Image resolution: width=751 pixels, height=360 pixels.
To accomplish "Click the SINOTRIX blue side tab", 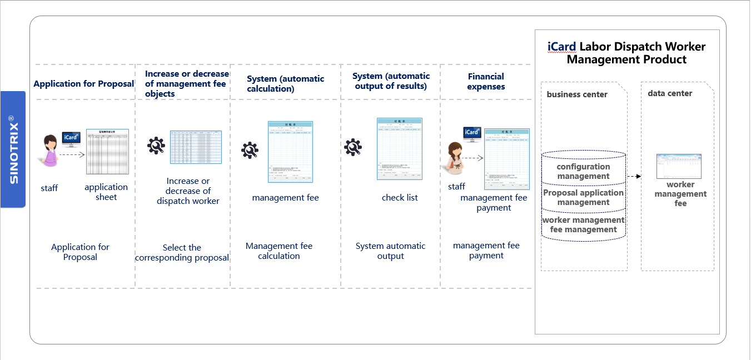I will [x=13, y=149].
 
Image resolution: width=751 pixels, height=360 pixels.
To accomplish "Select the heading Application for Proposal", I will [x=83, y=84].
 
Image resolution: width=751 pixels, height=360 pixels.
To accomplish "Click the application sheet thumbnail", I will [x=107, y=152].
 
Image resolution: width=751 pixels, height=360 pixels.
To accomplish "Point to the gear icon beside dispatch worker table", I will [x=156, y=146].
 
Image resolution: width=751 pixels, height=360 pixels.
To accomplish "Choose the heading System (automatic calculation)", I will [x=285, y=84].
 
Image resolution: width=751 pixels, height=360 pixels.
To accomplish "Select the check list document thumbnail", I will [x=399, y=148].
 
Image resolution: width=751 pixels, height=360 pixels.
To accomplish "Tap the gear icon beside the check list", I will [x=353, y=147].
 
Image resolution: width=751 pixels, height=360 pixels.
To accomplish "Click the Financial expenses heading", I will [x=486, y=82].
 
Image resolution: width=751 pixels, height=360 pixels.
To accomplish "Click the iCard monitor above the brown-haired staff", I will [x=472, y=133].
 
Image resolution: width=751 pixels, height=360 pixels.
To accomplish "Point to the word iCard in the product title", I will [x=561, y=47].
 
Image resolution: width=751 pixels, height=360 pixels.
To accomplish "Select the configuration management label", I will [x=583, y=172].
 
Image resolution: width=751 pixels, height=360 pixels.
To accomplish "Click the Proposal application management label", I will [x=583, y=198].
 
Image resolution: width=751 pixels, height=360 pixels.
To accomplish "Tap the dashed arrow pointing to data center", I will [x=634, y=176].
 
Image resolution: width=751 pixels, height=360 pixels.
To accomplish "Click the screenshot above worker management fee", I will [x=679, y=166].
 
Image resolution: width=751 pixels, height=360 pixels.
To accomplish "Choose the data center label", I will [x=670, y=93].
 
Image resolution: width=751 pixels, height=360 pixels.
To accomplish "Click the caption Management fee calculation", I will [x=279, y=251].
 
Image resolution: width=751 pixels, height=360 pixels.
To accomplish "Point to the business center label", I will [x=577, y=94].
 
